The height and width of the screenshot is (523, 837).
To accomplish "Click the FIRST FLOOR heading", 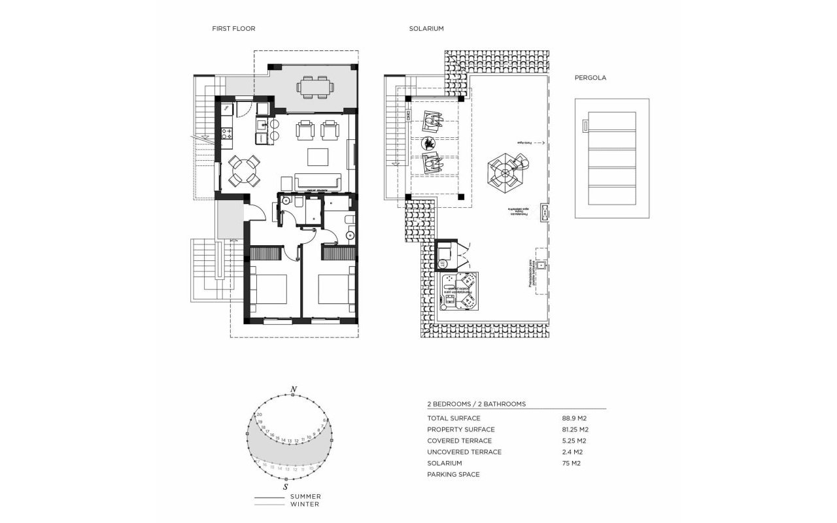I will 233,29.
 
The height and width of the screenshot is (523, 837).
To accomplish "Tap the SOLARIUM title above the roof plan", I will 426,29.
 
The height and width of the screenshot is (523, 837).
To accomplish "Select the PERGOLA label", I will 590,77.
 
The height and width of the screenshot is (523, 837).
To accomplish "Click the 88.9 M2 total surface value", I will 575,418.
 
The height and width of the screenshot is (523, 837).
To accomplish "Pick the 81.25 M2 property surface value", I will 575,430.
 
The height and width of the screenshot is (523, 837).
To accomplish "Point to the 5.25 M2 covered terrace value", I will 572,441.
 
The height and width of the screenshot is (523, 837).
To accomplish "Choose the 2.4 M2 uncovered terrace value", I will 572,452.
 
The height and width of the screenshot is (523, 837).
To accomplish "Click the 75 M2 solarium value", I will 571,463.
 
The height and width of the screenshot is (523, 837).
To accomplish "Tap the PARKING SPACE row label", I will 453,474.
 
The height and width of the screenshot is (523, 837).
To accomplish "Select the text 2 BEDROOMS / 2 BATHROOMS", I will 476,404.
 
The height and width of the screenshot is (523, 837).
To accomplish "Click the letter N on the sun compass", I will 294,390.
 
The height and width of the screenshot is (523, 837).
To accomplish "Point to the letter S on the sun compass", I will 286,488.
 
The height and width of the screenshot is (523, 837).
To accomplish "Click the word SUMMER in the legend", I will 305,497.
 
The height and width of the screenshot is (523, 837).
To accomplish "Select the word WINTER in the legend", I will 305,504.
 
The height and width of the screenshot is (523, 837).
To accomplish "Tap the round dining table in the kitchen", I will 243,171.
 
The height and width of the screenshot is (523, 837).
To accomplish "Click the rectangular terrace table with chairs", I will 315,86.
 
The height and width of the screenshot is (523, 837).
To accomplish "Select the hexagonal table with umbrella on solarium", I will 505,172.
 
